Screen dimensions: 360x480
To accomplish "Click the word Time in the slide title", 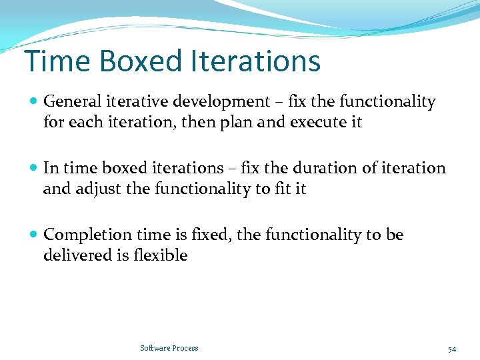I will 57,61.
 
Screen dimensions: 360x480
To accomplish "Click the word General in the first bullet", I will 72,102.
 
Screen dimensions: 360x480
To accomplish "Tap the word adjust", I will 98,189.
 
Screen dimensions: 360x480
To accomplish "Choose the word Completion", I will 88,235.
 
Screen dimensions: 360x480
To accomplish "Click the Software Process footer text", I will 169,348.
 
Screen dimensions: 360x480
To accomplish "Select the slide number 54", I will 451,349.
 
